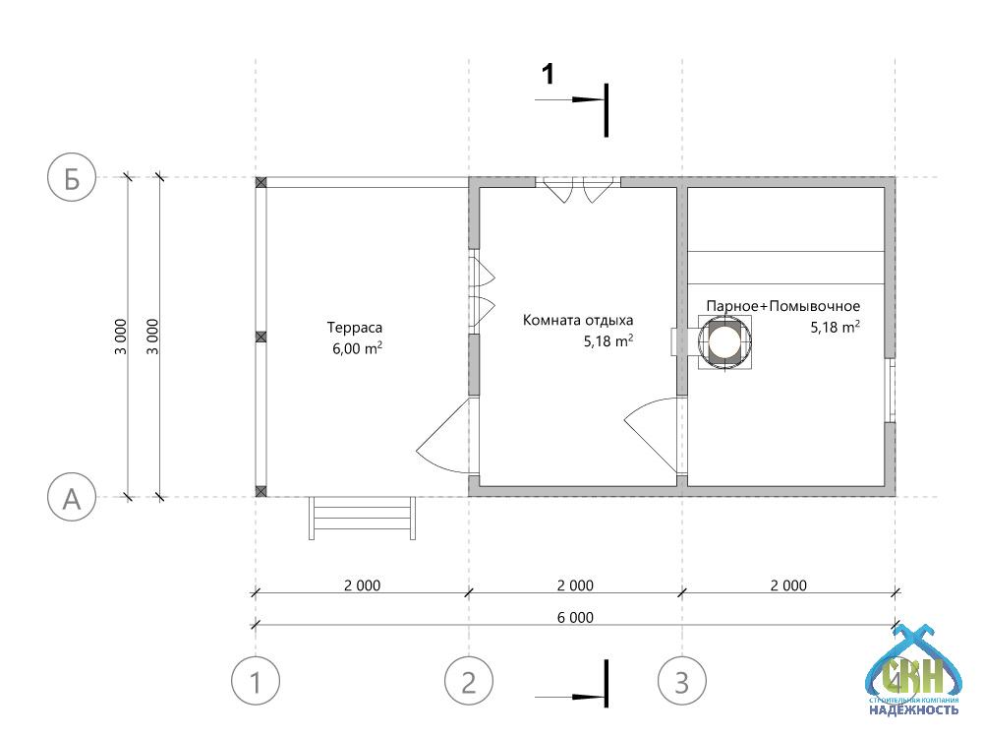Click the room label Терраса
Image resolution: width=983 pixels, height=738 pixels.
(354, 328)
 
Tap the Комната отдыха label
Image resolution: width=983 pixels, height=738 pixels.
(577, 320)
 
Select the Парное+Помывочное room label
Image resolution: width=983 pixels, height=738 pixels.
(783, 306)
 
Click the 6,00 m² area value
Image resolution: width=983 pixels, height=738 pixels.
(357, 348)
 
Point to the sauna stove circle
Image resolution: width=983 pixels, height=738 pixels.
(724, 342)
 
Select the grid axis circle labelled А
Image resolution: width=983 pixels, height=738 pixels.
(72, 498)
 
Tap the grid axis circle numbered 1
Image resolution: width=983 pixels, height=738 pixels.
(256, 681)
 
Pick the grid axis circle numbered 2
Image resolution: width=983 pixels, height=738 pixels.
(468, 681)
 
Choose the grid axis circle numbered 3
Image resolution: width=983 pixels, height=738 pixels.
(682, 681)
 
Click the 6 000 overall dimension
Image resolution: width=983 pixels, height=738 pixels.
(575, 618)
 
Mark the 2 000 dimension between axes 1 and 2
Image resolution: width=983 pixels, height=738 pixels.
(362, 585)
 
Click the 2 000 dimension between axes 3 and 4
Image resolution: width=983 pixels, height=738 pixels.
(788, 585)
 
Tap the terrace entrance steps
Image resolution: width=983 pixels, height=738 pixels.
(362, 519)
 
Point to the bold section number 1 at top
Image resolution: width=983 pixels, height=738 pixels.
(548, 74)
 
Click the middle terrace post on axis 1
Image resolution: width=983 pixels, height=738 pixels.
(260, 337)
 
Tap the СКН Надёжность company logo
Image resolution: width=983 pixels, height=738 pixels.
(913, 671)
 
